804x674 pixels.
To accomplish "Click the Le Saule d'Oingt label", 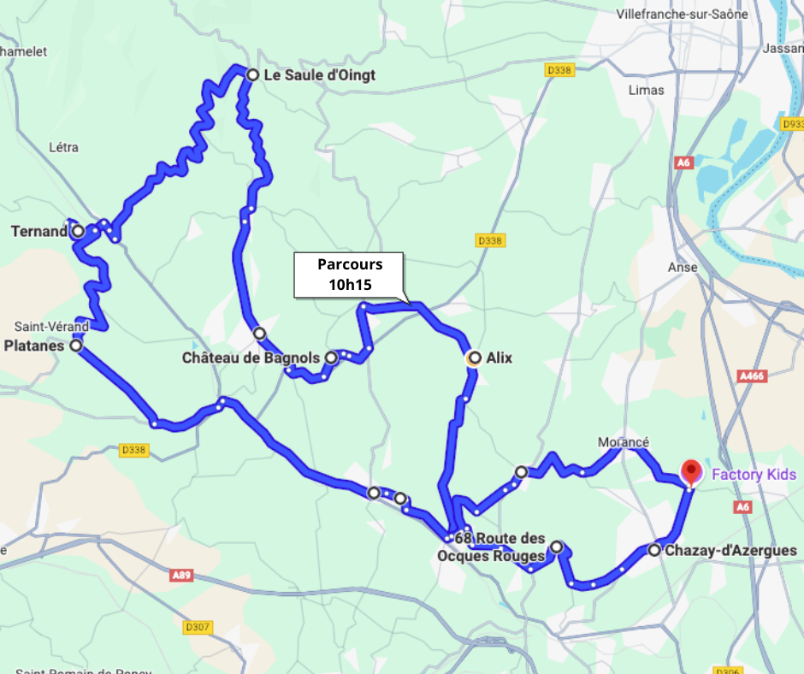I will pos(319,75).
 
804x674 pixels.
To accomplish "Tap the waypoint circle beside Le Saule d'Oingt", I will pos(252,75).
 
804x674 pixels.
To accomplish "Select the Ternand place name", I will pos(39,231).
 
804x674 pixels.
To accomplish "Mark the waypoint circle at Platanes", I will pos(76,346).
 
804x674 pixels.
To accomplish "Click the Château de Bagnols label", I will pos(251,358).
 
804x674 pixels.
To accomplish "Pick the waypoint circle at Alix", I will pos(473,358).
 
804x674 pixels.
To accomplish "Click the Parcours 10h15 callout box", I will pos(350,275).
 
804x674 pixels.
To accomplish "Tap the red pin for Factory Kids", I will pos(691,471).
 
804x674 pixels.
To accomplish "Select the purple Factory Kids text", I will pos(754,475).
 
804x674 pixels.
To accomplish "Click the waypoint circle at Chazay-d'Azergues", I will pos(654,550).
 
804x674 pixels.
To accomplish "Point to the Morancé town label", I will pos(623,442).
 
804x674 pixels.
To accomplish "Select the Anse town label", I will pos(683,267).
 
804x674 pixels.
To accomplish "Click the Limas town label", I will pos(646,90).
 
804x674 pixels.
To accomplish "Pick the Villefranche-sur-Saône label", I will pos(682,15).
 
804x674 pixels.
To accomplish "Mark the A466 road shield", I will pos(751,375).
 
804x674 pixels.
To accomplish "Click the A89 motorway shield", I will pos(181,576).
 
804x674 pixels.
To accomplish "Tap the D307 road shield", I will pos(197,627).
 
